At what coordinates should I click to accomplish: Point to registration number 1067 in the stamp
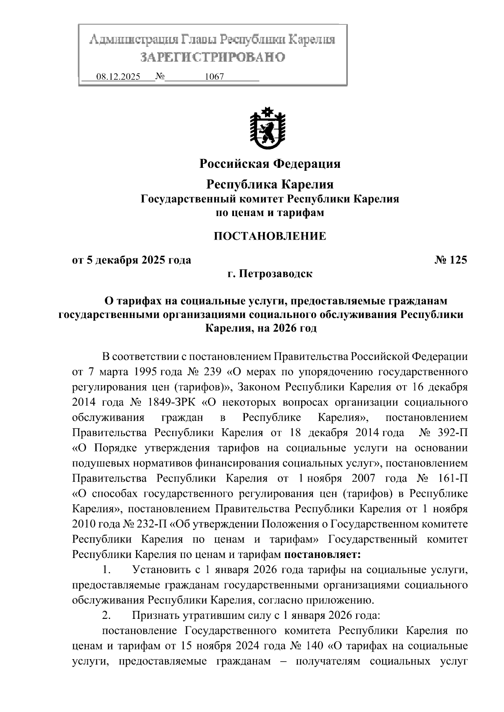coord(214,77)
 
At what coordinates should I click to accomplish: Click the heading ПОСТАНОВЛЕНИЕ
coord(270,236)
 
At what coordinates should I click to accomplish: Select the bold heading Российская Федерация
coord(270,164)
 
